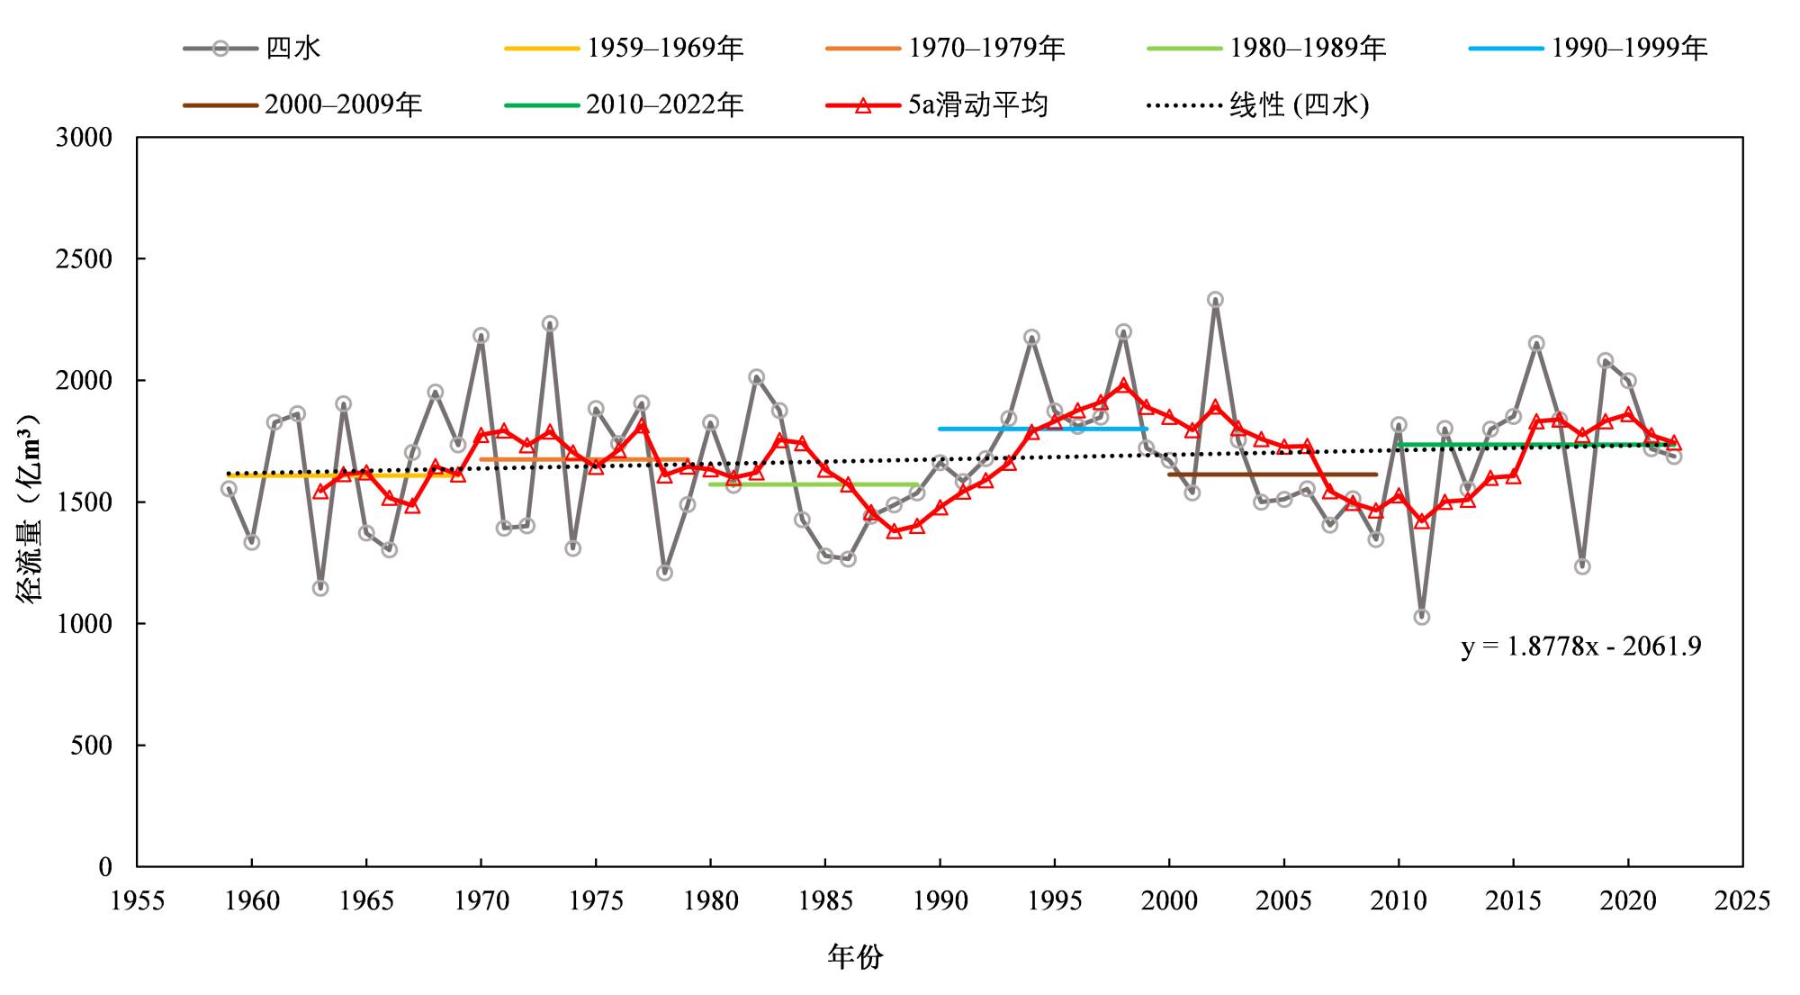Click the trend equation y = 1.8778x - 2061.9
tap(1581, 647)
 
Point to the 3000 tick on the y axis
tap(84, 138)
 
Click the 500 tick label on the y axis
tap(91, 746)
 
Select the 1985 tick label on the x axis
tap(825, 900)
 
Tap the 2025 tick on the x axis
tap(1742, 900)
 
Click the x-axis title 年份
tap(855, 956)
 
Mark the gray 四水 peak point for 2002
tap(1215, 300)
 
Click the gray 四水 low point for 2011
tap(1422, 617)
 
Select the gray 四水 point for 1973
tap(550, 323)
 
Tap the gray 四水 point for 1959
tap(229, 489)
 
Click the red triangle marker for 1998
tap(1123, 385)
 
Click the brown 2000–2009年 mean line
tap(1273, 474)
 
